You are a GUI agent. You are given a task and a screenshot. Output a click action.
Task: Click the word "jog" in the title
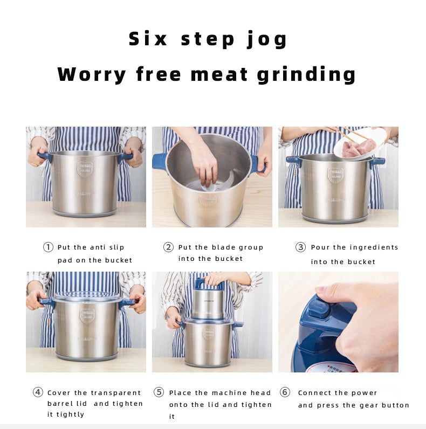[267, 40]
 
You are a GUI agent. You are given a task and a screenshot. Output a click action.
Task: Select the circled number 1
[48, 247]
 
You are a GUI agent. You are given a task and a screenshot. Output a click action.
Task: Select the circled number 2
[168, 247]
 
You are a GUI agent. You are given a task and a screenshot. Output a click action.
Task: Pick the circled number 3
[300, 247]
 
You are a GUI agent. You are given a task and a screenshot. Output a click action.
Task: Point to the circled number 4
[38, 392]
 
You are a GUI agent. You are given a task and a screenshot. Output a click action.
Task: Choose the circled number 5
[159, 392]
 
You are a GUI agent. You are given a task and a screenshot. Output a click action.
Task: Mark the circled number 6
[285, 392]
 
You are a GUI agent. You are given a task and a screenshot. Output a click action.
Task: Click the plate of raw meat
[359, 147]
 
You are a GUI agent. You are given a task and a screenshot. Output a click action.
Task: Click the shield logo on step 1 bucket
[85, 169]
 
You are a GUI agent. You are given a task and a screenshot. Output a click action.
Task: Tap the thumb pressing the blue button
[326, 289]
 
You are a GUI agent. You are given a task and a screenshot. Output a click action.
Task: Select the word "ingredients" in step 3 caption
[373, 247]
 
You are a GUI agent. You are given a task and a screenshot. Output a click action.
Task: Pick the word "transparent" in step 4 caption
[116, 393]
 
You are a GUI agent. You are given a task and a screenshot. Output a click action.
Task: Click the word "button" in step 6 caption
[396, 405]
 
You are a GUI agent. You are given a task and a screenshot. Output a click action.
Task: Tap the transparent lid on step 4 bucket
[86, 296]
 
